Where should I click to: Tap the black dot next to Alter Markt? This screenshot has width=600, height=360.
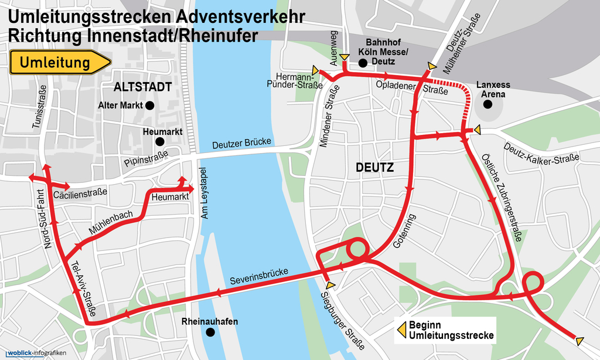pyautogui.click(x=149, y=106)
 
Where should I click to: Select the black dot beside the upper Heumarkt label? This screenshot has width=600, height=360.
pyautogui.click(x=159, y=141)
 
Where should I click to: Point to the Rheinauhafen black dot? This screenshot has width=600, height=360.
pyautogui.click(x=210, y=332)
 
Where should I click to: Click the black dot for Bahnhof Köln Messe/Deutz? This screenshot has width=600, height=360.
pyautogui.click(x=363, y=62)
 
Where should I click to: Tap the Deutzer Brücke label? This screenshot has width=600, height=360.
pyautogui.click(x=241, y=143)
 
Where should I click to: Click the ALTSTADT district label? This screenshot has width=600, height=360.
pyautogui.click(x=143, y=87)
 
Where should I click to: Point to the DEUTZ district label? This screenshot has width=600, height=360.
pyautogui.click(x=374, y=168)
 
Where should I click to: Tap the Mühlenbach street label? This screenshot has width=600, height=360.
pyautogui.click(x=111, y=223)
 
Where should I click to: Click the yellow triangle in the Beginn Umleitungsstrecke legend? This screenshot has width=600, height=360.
pyautogui.click(x=402, y=330)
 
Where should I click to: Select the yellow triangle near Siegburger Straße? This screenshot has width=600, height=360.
pyautogui.click(x=330, y=284)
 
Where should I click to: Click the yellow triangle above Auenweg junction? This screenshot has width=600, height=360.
pyautogui.click(x=345, y=57)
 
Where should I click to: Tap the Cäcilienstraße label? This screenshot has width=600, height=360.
pyautogui.click(x=80, y=193)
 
